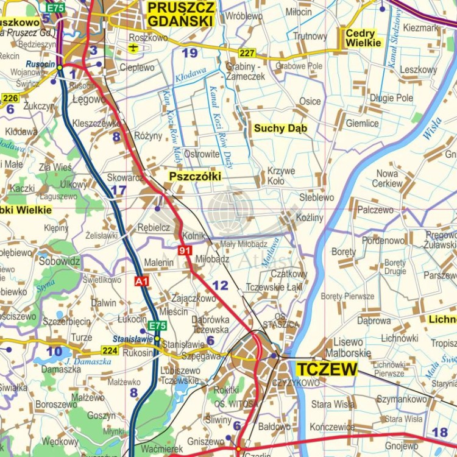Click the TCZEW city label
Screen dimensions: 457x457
coord(326,369)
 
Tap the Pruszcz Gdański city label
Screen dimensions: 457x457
coord(181,14)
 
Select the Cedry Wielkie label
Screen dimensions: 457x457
coord(364,38)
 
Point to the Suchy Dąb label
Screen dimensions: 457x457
coord(280,128)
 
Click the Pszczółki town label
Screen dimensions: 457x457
coord(194,177)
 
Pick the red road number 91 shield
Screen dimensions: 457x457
coord(185,250)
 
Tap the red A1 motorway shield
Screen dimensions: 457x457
coord(141,281)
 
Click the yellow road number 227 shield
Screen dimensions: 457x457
coord(247,53)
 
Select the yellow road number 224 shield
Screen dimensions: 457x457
coord(110,350)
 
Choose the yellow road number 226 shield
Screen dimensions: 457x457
coord(10,97)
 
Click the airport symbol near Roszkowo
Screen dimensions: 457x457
coord(135,48)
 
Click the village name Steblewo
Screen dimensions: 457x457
coord(316,197)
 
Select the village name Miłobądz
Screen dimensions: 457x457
coord(213,258)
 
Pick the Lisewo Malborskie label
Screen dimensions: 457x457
coord(349,347)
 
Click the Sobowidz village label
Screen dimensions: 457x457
coord(60,261)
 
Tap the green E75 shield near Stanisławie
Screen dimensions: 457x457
coord(157,325)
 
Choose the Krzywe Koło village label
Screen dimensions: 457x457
coord(281,176)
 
